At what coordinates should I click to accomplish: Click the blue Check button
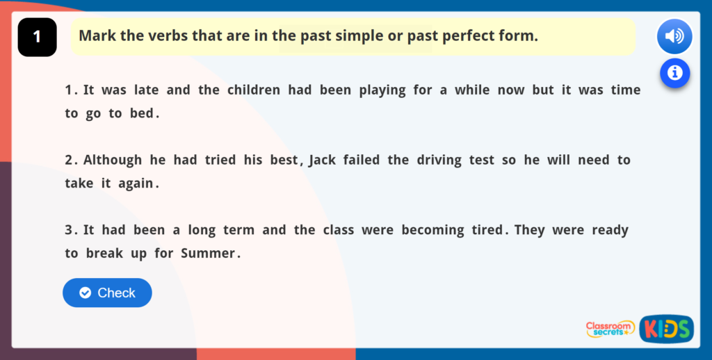[x=107, y=293]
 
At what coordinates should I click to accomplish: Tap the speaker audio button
[x=674, y=36]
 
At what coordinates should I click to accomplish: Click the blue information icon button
[x=674, y=72]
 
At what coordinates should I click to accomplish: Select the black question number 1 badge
[x=37, y=37]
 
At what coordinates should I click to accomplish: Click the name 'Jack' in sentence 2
[x=323, y=160]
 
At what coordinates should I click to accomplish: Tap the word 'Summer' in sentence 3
[x=208, y=253]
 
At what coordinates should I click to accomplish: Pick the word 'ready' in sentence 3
[x=610, y=230]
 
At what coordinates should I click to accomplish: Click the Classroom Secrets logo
[x=610, y=329]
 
